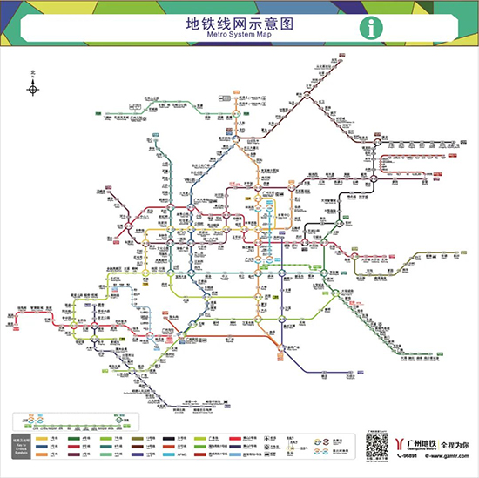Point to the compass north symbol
tap(33, 89)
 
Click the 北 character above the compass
tap(33, 74)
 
